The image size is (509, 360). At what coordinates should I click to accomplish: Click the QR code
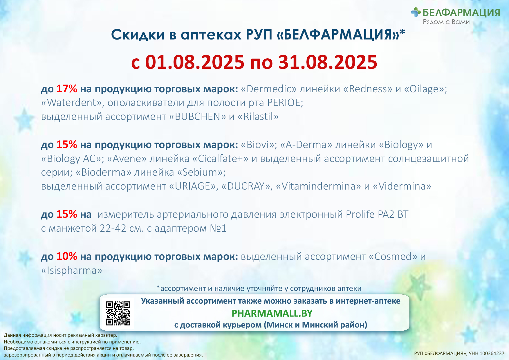click(118, 313)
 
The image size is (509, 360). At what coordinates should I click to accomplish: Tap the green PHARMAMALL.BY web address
click(272, 313)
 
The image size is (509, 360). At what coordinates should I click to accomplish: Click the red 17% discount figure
click(67, 89)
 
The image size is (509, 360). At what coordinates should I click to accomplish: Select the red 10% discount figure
click(67, 256)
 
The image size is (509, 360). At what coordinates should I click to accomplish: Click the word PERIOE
click(285, 102)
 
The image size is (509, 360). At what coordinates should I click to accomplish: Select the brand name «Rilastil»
click(258, 116)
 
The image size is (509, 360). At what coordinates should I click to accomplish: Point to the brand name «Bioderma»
click(103, 172)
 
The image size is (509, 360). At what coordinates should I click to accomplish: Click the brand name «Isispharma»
click(72, 271)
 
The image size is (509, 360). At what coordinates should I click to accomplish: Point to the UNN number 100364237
click(492, 353)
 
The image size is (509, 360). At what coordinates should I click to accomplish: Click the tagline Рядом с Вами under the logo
click(446, 22)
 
